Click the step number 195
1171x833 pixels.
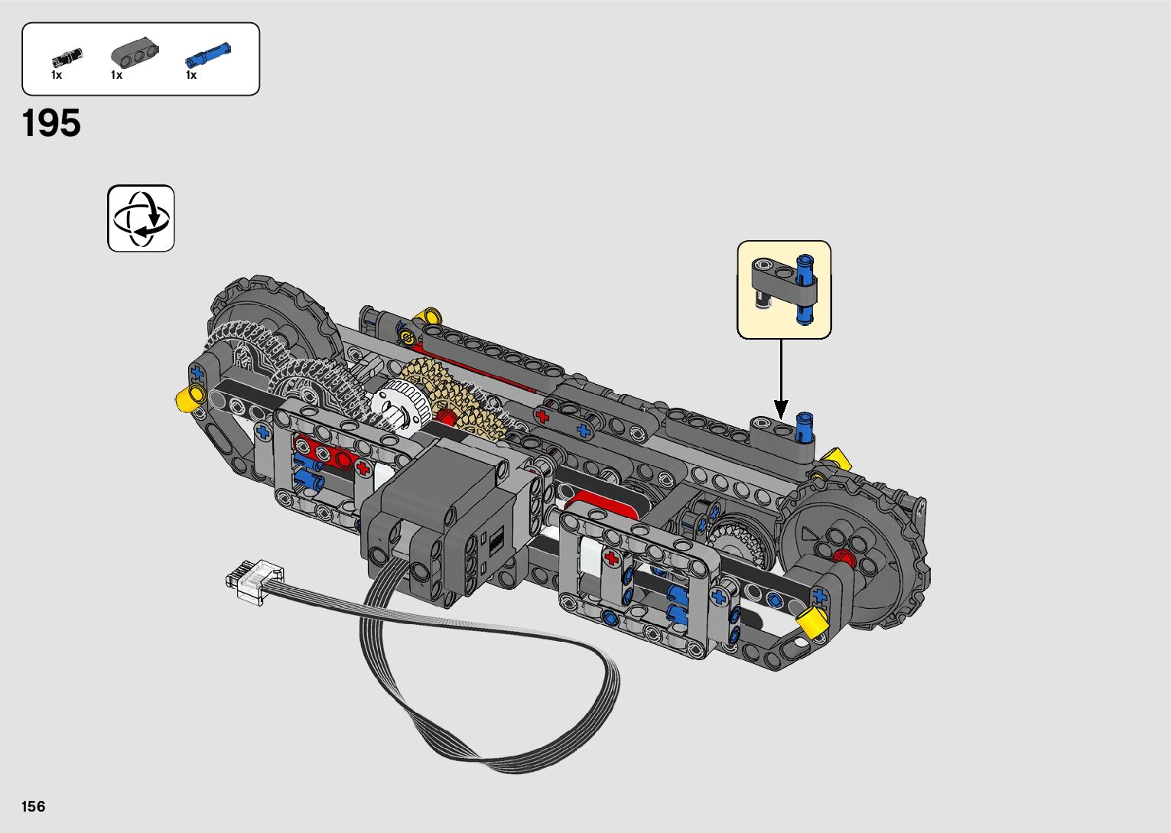(51, 123)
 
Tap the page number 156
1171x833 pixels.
(34, 806)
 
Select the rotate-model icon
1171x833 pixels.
(141, 218)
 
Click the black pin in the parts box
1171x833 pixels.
(67, 57)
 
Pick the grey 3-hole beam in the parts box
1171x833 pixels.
(135, 52)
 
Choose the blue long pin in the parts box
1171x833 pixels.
(207, 54)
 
